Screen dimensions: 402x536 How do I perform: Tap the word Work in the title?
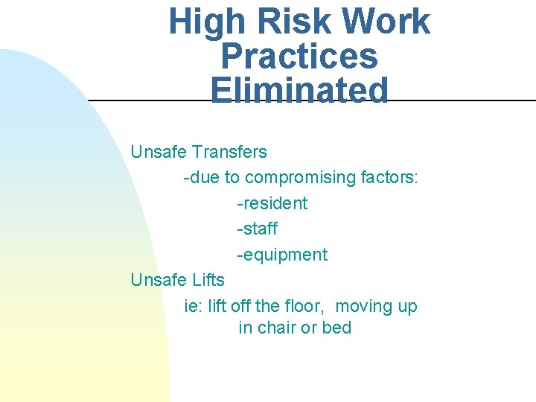coord(386,22)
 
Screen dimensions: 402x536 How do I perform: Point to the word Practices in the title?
coord(299,57)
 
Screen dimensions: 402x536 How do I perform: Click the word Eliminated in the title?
coord(299,91)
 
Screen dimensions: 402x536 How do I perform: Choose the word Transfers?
coord(229,152)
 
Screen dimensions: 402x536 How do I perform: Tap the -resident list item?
coord(272,203)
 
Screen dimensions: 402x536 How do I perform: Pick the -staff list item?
coord(257,229)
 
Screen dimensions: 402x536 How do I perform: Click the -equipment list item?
coord(282,255)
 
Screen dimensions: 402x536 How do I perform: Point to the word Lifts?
coord(208,280)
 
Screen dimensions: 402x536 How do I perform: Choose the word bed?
coord(336,328)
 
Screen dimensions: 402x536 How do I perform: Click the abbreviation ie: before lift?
coord(194,306)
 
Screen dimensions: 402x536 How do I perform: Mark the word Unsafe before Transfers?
coord(159,152)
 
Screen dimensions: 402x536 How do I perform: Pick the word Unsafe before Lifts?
coord(159,280)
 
